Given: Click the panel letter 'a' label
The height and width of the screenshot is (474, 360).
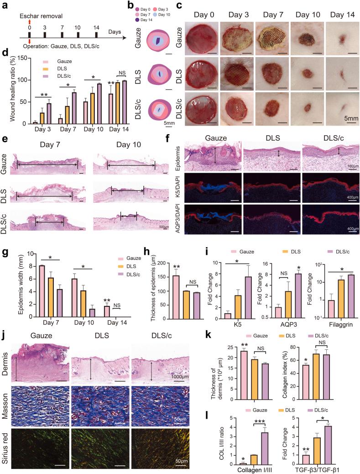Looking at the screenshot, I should click(x=4, y=5).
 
